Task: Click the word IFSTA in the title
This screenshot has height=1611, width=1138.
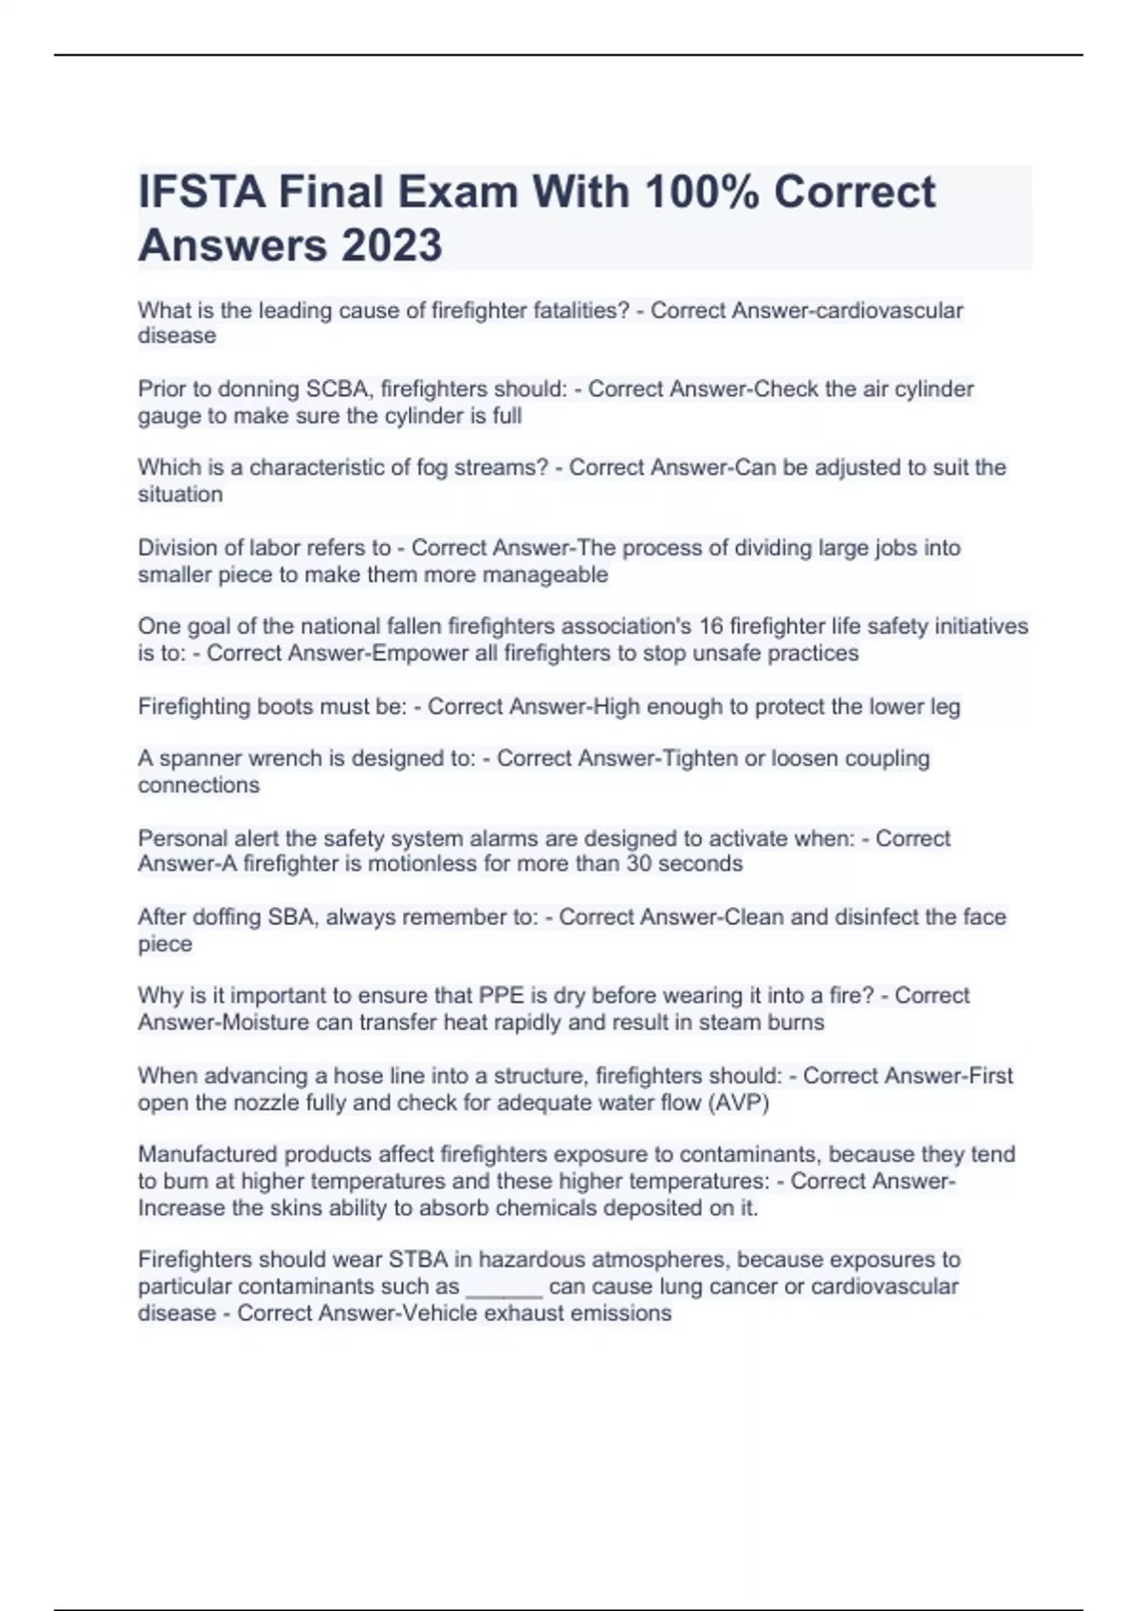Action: pos(201,192)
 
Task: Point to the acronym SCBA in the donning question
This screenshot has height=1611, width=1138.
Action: pos(340,389)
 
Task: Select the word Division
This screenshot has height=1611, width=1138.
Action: pos(176,548)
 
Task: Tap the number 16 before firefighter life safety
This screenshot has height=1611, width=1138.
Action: pos(710,626)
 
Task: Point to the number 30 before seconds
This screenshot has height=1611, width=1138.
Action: pos(641,864)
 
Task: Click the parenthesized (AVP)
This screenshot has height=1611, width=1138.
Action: pos(739,1103)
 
